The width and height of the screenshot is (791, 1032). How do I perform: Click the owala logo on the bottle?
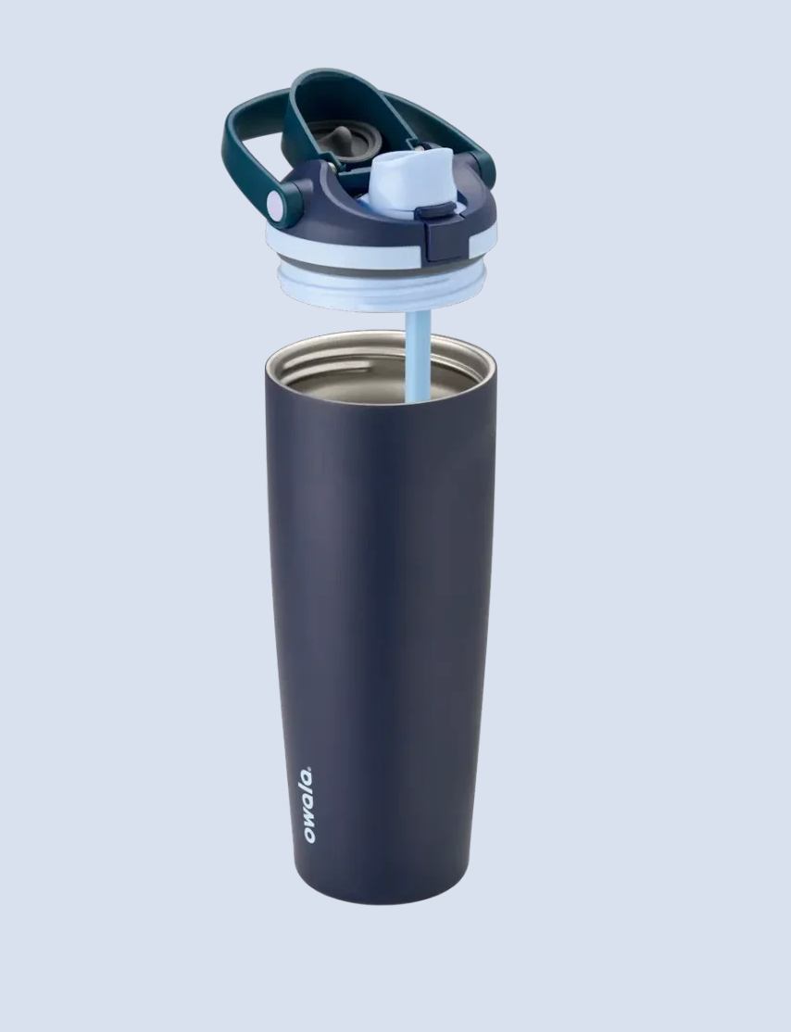[308, 805]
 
